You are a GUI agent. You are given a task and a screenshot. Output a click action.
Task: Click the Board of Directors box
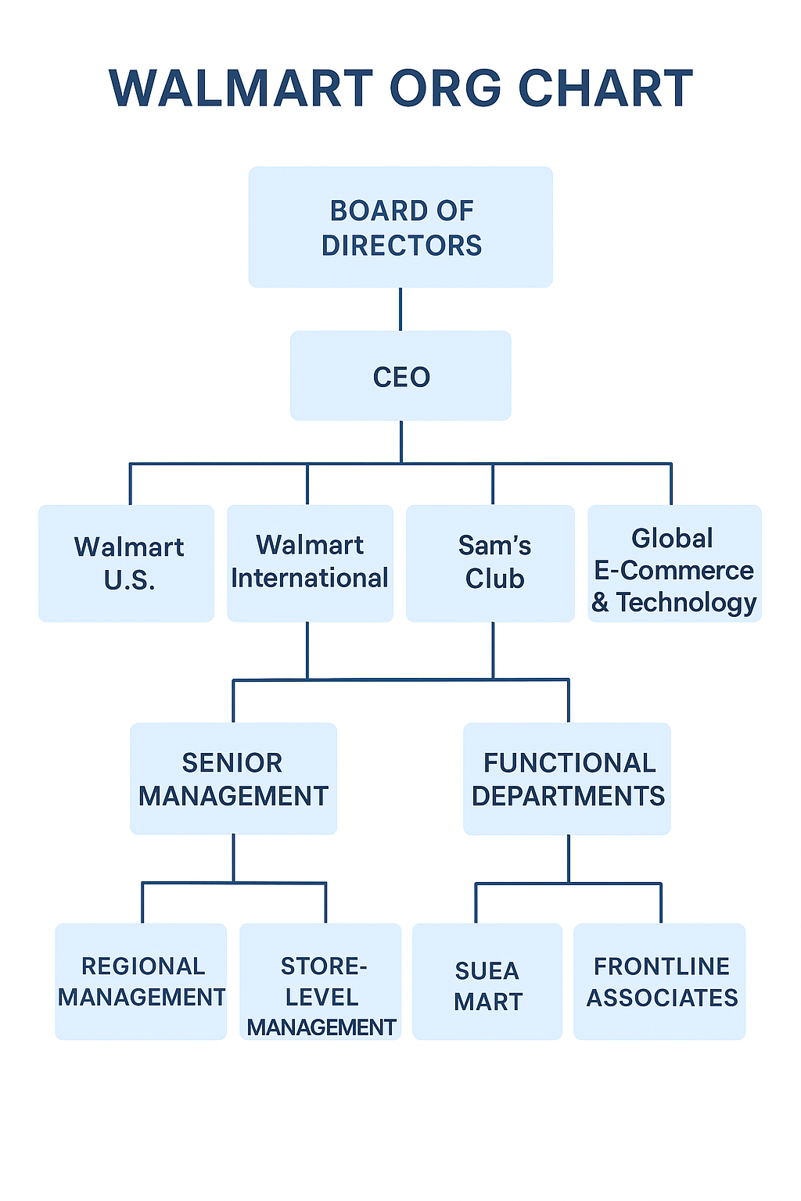click(x=400, y=227)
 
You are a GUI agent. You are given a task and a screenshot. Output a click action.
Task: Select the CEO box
click(x=400, y=376)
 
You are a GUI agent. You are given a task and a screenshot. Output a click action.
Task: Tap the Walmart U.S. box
click(x=127, y=563)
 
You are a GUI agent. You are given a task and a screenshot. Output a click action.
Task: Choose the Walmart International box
click(x=310, y=563)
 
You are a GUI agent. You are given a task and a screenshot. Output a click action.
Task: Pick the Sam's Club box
click(x=490, y=563)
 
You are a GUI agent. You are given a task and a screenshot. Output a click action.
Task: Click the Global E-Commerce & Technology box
click(x=674, y=563)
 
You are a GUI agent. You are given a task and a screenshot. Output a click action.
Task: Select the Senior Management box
click(x=233, y=779)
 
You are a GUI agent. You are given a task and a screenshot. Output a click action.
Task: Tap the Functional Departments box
click(x=567, y=779)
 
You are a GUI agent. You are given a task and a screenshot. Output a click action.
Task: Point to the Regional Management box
click(x=141, y=981)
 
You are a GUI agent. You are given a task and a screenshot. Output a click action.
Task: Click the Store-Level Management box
click(x=321, y=981)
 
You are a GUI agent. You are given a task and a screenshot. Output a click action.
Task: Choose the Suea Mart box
click(x=487, y=981)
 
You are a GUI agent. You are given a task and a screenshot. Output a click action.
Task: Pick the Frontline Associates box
click(x=659, y=981)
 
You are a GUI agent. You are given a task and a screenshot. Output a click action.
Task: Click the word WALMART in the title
click(x=241, y=88)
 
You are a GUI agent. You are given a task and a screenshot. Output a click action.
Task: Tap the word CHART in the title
click(x=605, y=88)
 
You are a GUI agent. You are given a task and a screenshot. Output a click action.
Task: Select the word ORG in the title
click(x=445, y=88)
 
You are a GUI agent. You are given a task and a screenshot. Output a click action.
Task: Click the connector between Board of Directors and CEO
click(x=400, y=309)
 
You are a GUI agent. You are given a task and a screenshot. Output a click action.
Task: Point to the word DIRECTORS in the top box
click(x=401, y=246)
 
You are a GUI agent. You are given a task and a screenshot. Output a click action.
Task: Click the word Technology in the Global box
click(x=687, y=603)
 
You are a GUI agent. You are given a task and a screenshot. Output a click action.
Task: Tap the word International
click(x=310, y=579)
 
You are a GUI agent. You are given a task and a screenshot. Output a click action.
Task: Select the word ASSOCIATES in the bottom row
click(x=663, y=998)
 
